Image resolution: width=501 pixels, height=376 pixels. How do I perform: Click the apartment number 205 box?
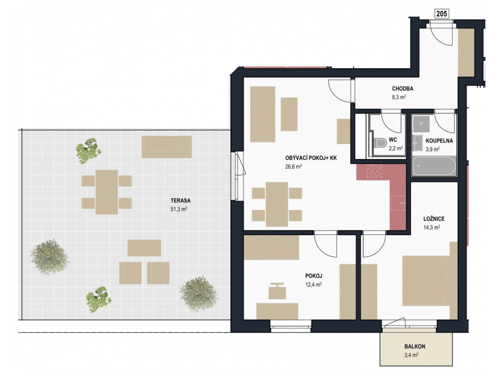[x=442, y=13]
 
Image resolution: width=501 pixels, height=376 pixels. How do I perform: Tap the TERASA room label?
[x=180, y=201]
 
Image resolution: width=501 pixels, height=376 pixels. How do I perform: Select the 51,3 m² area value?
[x=179, y=209]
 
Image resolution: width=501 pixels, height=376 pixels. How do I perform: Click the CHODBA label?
[x=403, y=88]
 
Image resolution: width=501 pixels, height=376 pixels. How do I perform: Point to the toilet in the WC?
[x=380, y=143]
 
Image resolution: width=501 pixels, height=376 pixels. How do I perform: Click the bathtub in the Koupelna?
[x=433, y=165]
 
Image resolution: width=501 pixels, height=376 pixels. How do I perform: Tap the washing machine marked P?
[x=421, y=123]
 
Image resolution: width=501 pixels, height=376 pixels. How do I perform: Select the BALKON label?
[x=415, y=347]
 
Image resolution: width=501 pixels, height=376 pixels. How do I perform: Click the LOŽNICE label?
[x=434, y=219]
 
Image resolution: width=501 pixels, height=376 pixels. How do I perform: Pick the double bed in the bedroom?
[x=430, y=281]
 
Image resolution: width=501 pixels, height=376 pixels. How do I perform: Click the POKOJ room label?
[x=314, y=276]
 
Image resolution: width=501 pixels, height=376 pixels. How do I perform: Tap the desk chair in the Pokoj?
[x=277, y=291]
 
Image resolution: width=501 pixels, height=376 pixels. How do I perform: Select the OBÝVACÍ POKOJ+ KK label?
[x=311, y=158]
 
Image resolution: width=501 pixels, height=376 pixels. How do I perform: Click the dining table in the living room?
[x=277, y=204]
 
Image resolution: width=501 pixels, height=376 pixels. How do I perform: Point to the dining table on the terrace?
[x=106, y=192]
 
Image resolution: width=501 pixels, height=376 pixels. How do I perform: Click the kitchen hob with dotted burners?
[x=374, y=172]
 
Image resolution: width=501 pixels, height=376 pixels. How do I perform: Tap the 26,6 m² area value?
[x=294, y=166]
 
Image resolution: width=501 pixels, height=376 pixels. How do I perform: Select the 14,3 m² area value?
[x=431, y=227]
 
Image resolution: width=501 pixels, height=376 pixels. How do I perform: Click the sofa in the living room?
[x=262, y=114]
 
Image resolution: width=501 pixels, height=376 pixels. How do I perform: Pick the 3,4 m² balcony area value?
[x=411, y=355]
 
